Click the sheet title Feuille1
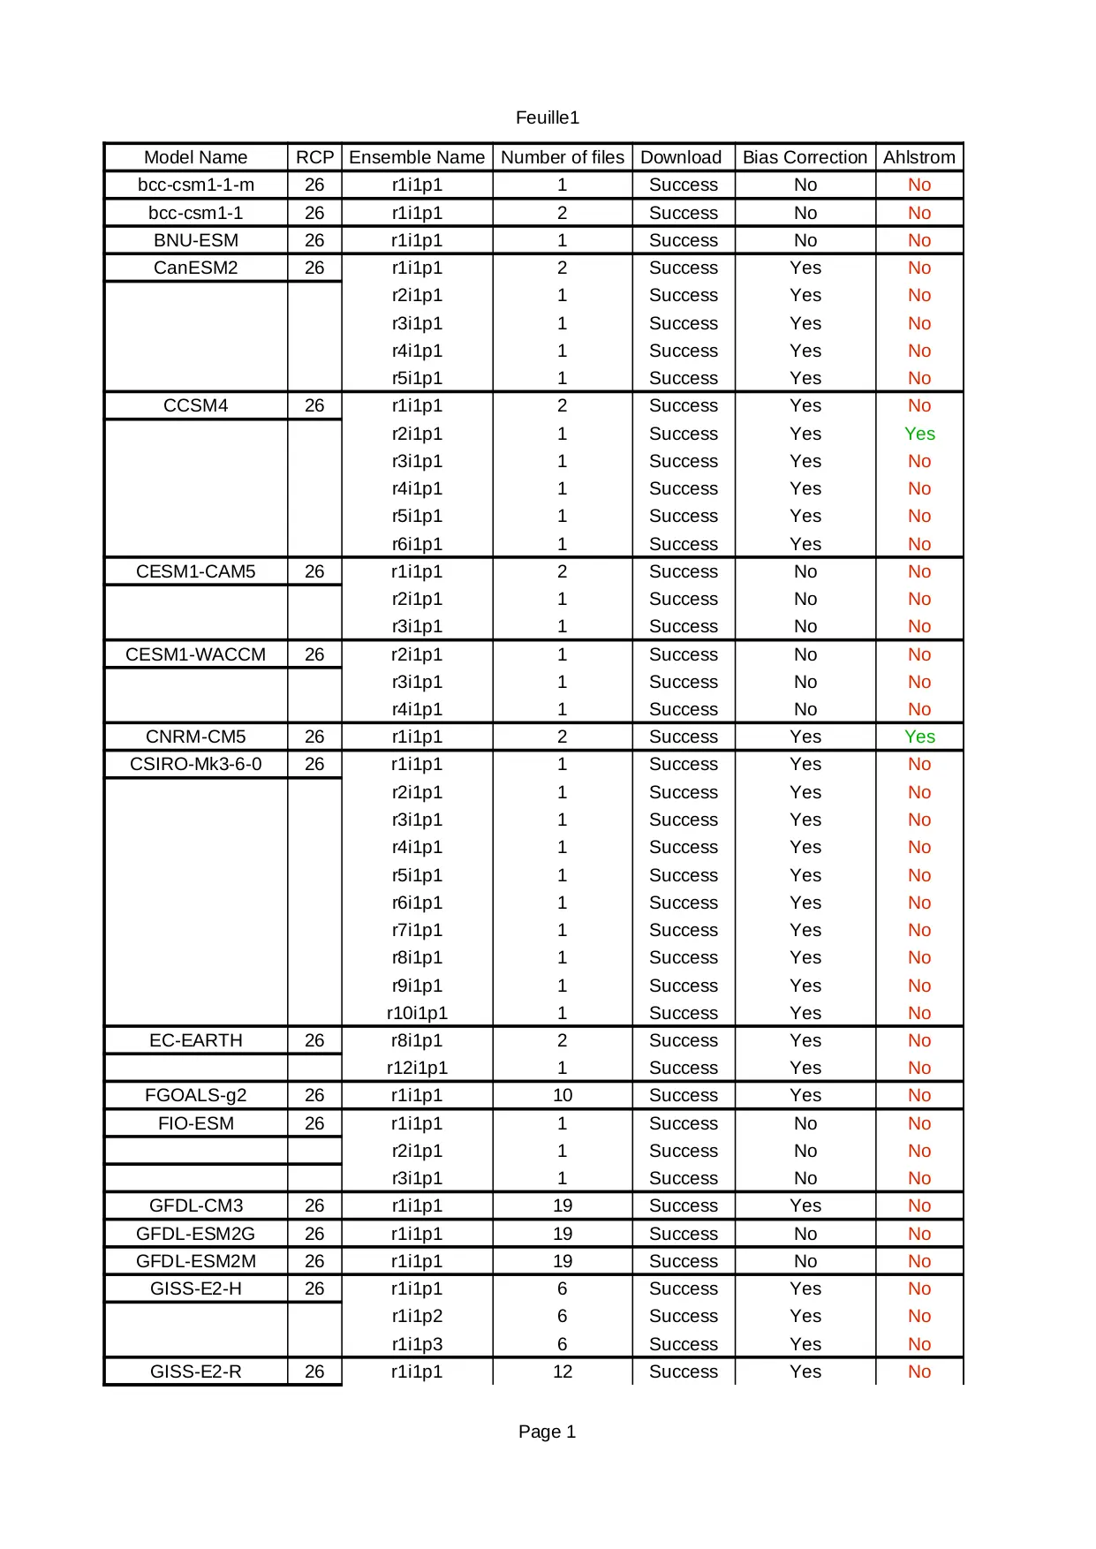[x=547, y=117]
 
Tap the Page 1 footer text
[x=547, y=1432]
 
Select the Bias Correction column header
[x=805, y=157]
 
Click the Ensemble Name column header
[x=417, y=157]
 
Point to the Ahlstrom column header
[x=918, y=157]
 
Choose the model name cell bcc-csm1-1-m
[x=196, y=185]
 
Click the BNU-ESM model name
[x=196, y=240]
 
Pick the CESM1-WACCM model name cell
[x=196, y=654]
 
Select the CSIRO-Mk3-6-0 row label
[x=196, y=764]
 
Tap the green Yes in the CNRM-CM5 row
[x=919, y=737]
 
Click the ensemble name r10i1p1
[x=417, y=1013]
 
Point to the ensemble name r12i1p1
[x=417, y=1068]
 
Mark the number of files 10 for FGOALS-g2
[x=563, y=1095]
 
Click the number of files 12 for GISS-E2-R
[x=563, y=1371]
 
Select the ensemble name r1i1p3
[x=417, y=1344]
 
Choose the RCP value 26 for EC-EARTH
[x=314, y=1040]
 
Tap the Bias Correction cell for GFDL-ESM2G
[x=805, y=1234]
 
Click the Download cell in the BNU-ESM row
[x=683, y=240]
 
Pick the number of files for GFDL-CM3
[x=563, y=1205]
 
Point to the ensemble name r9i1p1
[x=417, y=986]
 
